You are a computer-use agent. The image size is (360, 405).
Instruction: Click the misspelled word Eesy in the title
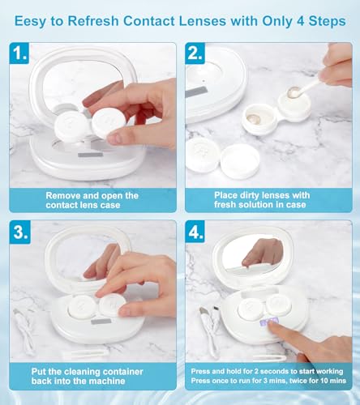pos(30,22)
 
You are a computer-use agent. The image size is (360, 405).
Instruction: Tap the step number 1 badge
pos(19,53)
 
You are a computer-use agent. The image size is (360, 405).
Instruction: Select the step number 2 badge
pos(195,53)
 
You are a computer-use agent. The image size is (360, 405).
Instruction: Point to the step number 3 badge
pos(20,232)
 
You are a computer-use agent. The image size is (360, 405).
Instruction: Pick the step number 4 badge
pos(195,232)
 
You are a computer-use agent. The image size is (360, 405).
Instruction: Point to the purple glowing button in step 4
pos(268,322)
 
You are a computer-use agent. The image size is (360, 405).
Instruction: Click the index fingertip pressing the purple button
pos(272,326)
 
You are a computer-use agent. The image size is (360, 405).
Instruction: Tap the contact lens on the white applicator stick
pos(294,92)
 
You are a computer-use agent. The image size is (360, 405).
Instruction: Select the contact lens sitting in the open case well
pos(254,118)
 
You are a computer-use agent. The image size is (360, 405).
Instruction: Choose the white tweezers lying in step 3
pos(85,353)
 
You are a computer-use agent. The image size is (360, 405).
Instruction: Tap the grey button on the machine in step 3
pos(101,322)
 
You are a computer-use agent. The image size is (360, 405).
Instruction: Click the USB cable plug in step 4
pos(204,312)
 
